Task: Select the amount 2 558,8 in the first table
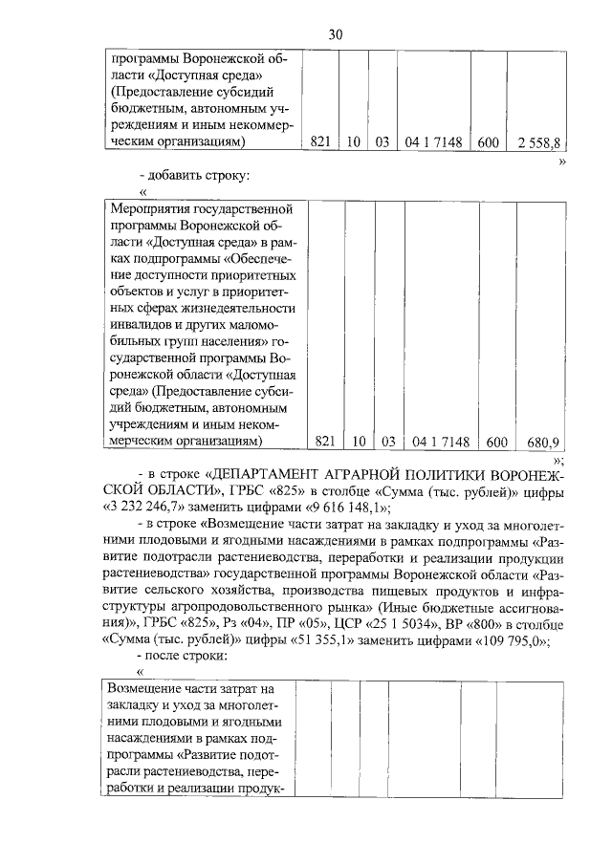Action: click(537, 142)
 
